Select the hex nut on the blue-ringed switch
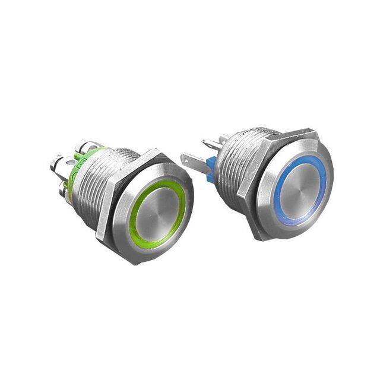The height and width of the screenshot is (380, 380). click(249, 178)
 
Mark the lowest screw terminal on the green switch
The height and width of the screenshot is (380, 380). click(65, 191)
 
